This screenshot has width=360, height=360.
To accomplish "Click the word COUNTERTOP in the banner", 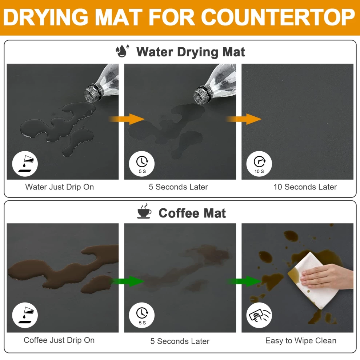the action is pos(278,17).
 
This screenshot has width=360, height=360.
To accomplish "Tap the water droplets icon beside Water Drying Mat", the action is pos(122,51).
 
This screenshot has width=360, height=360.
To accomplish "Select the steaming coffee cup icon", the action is pos(144,211).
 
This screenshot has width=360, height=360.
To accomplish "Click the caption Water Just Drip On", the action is pos(60,187).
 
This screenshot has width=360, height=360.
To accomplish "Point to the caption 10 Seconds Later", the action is pos(305,187).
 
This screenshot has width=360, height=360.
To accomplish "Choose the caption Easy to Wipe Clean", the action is pos(301,340).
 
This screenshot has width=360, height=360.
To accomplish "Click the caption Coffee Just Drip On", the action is pos(59,340).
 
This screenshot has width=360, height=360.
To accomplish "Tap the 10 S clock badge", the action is pos(259,164).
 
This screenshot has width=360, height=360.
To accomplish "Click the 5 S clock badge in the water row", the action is pos(142,164).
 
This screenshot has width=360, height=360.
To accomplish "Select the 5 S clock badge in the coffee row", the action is pos(142,315).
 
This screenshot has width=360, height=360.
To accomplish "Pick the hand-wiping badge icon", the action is pos(259,315).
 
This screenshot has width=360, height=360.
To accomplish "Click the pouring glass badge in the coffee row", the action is pos(25,315).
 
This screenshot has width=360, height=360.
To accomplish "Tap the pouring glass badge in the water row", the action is pos(25,164).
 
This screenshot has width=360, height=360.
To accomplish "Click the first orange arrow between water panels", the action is pos(127,119).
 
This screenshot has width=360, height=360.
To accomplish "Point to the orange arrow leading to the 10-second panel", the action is pos(244,119).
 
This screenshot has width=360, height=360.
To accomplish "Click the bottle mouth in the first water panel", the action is pos(90,95).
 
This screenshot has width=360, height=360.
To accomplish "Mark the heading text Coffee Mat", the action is pos(192,213).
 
